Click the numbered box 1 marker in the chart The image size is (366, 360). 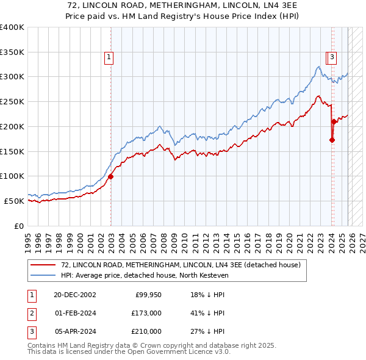point(109,58)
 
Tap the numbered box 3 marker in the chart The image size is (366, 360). point(332,58)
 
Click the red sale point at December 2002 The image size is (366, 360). point(110,176)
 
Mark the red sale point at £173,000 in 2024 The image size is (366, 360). point(332,140)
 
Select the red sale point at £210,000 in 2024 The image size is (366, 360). point(334,121)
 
